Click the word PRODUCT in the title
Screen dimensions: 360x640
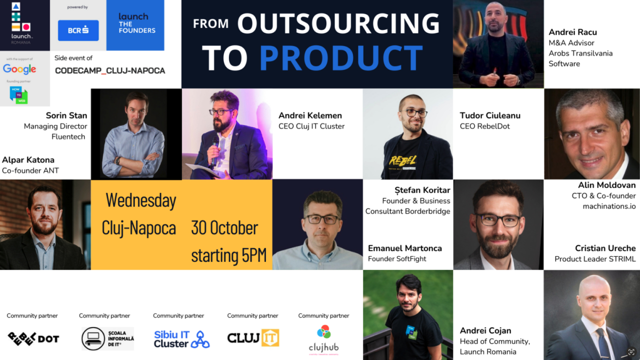pyautogui.click(x=341, y=57)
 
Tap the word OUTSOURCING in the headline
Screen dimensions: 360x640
pyautogui.click(x=338, y=23)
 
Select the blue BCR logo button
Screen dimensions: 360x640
pyautogui.click(x=78, y=30)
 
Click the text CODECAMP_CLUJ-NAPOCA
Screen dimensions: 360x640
pyautogui.click(x=110, y=70)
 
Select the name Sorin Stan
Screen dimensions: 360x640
pyautogui.click(x=66, y=115)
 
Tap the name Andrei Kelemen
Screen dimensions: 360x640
pyautogui.click(x=310, y=115)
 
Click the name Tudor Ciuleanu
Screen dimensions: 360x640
pyautogui.click(x=490, y=115)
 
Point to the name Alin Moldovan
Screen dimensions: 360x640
pyautogui.click(x=606, y=185)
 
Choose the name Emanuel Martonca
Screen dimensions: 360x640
pyautogui.click(x=405, y=248)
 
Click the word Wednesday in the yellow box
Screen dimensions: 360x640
pyautogui.click(x=141, y=200)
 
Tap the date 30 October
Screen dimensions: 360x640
pyautogui.click(x=224, y=228)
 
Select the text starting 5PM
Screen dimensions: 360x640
pyautogui.click(x=228, y=255)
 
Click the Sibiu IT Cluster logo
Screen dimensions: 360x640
pyautogui.click(x=181, y=338)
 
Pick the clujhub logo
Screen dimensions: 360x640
pyautogui.click(x=323, y=340)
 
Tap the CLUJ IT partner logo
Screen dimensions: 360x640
pyautogui.click(x=253, y=338)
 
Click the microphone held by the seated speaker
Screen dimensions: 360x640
pyautogui.click(x=215, y=145)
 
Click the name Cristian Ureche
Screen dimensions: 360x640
pyautogui.click(x=605, y=248)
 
